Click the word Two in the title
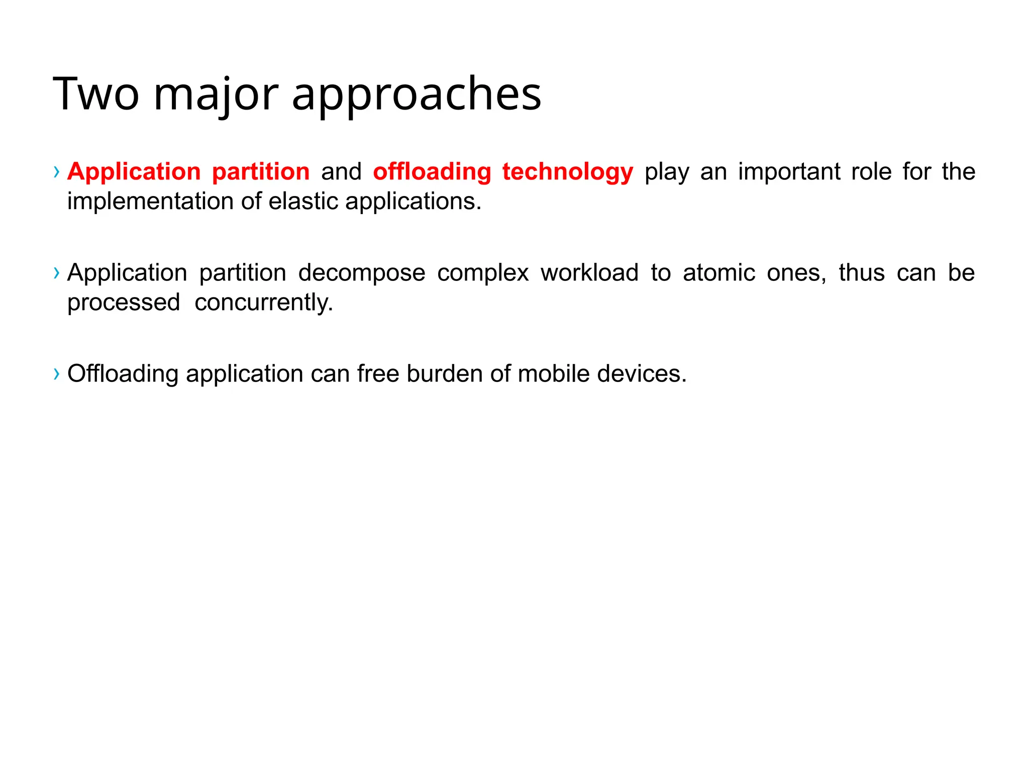(x=95, y=94)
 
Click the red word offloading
(x=432, y=172)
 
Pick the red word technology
(x=568, y=172)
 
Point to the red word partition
(x=260, y=172)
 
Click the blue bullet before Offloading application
(x=56, y=373)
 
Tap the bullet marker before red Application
(x=56, y=172)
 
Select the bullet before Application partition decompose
(x=56, y=273)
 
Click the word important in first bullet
(x=789, y=172)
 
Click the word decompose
(x=361, y=273)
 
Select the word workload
(x=589, y=273)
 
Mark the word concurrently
(x=263, y=303)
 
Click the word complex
(x=483, y=273)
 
